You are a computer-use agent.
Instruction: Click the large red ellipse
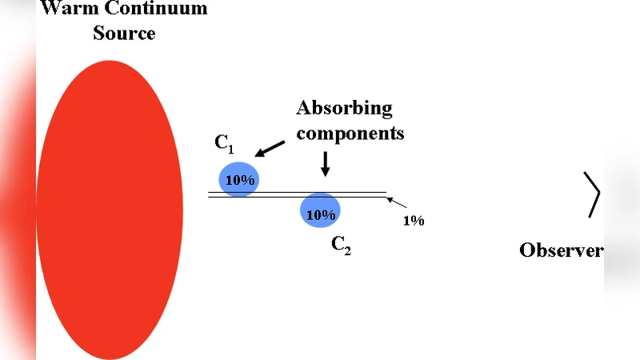(110, 210)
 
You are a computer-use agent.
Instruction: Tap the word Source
(124, 33)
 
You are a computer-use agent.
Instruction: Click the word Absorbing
(345, 109)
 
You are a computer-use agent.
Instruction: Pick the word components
(350, 133)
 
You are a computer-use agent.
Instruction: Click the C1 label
(224, 144)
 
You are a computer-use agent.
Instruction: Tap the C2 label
(342, 246)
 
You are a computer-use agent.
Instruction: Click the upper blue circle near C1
(239, 179)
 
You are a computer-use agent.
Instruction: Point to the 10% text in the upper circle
(239, 181)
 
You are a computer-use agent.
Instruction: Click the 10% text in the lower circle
(320, 215)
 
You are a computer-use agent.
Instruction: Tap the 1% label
(413, 220)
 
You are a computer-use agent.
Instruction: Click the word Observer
(561, 250)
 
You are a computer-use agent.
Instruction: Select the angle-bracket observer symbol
(593, 194)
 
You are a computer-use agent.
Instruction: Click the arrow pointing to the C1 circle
(269, 149)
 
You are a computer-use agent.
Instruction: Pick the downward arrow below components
(325, 163)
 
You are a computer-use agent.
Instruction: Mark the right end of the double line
(386, 194)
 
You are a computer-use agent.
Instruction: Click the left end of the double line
(209, 194)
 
